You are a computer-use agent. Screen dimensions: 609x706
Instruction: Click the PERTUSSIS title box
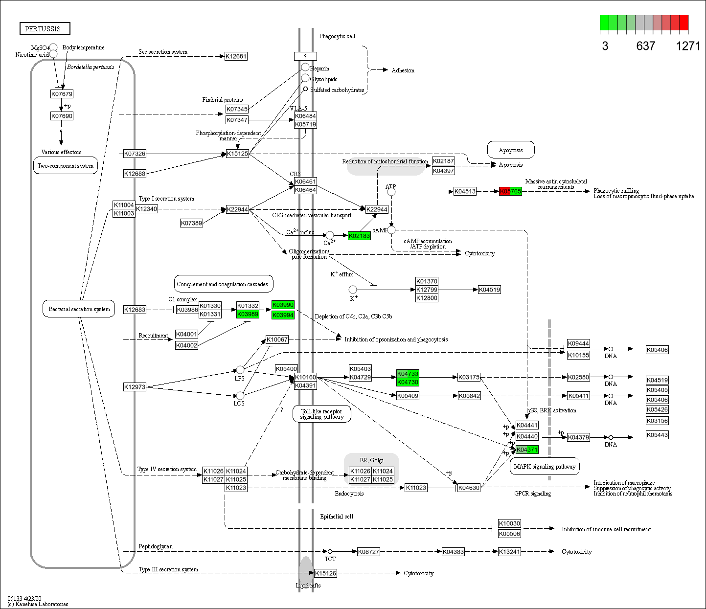pos(45,29)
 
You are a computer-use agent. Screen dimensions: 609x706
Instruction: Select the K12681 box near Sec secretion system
pos(236,56)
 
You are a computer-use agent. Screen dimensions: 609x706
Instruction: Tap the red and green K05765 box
pos(510,191)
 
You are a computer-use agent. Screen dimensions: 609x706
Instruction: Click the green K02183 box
pos(359,236)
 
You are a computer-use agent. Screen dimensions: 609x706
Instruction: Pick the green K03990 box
pos(283,305)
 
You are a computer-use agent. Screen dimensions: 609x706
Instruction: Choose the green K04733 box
pos(408,374)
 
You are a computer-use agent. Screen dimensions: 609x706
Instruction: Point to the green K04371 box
pos(527,450)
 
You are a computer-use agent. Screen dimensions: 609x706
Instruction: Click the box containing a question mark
pos(305,56)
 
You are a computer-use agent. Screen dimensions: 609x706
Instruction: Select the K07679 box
pos(62,94)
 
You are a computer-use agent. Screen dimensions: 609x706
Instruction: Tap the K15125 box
pos(238,154)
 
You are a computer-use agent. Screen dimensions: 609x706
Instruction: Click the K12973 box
pos(135,387)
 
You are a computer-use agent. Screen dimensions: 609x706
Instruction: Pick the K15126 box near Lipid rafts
pos(325,573)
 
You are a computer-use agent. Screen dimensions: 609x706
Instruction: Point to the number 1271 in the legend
pos(688,46)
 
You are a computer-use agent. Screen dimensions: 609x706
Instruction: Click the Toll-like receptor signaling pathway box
pos(322,414)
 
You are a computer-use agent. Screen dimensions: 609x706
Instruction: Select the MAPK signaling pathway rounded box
pos(545,467)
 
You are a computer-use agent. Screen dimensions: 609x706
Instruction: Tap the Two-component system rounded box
pos(66,166)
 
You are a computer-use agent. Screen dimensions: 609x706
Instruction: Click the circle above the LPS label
pos(240,369)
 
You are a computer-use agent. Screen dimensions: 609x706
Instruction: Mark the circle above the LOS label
pos(240,395)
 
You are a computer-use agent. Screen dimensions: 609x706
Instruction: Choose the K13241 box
pos(509,552)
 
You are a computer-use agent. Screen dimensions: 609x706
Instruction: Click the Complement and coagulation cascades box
pos(223,284)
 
